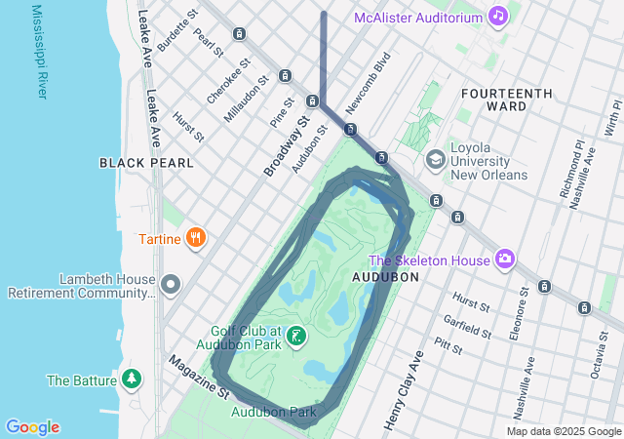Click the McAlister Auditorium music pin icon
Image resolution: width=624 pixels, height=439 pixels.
coord(498,17)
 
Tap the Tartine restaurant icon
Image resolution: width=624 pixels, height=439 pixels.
coord(197,238)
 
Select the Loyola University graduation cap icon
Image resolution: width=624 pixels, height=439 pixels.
coord(436,159)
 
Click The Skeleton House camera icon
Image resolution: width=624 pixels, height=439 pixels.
coord(505,259)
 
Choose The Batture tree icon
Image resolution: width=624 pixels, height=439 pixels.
coord(131,379)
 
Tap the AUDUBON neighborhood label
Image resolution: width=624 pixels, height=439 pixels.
coord(385,277)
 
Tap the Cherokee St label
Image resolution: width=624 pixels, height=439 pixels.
coord(229,80)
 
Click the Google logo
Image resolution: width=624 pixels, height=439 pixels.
coord(32,427)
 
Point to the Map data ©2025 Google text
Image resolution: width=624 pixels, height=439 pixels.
coord(563,431)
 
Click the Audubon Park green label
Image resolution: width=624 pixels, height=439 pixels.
coord(274,412)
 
